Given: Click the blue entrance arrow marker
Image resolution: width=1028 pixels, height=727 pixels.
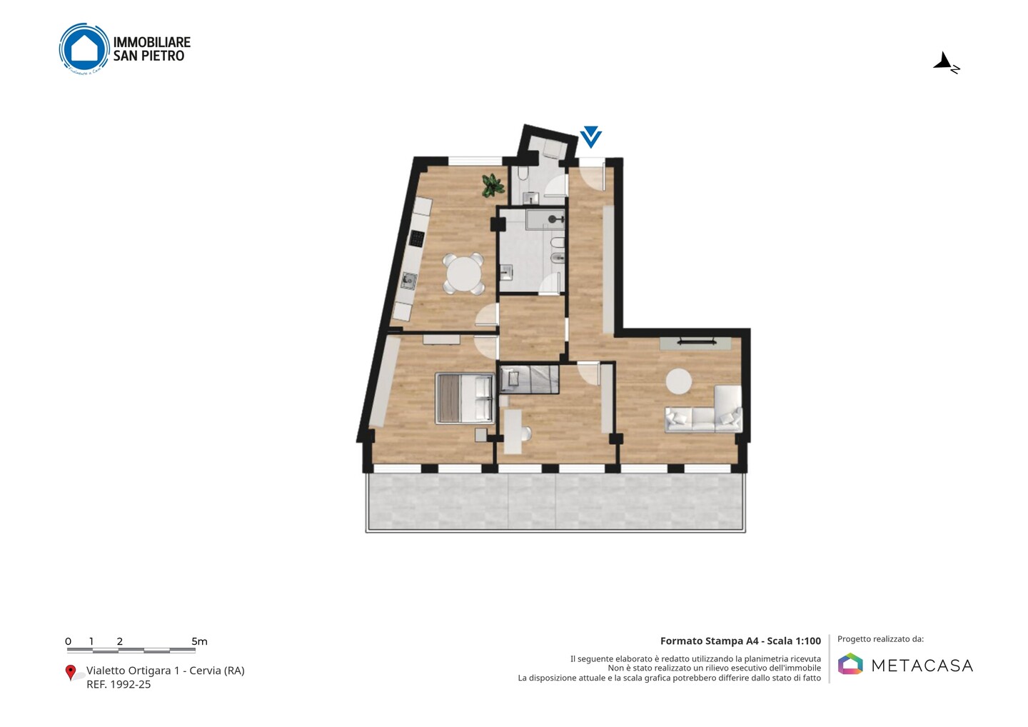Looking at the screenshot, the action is coord(590,137).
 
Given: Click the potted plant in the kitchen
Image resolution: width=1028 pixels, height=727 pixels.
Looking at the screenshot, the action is coord(493,186).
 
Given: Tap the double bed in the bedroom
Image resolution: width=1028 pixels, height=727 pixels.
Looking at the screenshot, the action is coord(465,398).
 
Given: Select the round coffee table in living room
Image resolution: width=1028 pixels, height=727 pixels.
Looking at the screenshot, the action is coord(679,381).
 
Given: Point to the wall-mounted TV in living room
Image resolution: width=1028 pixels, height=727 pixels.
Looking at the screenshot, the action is coord(696,341).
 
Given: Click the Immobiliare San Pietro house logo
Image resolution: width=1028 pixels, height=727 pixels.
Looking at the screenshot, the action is coord(84,49).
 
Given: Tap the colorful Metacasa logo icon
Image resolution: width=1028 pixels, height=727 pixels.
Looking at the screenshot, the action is coord(850,663).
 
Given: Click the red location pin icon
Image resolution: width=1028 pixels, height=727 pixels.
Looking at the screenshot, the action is coord(70,673).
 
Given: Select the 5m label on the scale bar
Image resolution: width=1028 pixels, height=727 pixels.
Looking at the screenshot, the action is coord(200,641).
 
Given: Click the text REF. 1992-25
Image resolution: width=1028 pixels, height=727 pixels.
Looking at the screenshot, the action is coord(119,684).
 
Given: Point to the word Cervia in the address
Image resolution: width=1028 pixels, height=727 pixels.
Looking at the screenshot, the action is coord(205,671).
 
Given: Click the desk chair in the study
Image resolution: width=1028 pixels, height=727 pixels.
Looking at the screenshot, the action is coord(526,433).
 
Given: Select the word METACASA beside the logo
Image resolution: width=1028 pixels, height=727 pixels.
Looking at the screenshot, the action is coord(922,666).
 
